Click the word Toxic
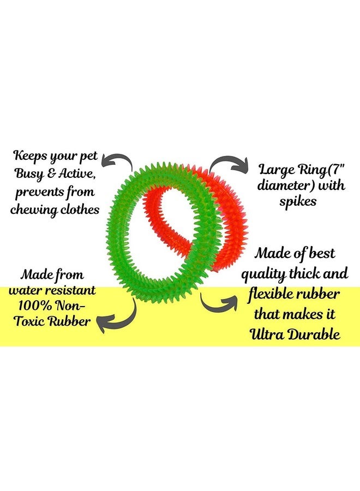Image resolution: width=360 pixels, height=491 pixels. [29, 321]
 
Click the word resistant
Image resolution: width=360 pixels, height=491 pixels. [70, 290]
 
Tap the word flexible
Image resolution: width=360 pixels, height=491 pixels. [270, 295]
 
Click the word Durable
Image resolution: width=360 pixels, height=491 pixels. [314, 334]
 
